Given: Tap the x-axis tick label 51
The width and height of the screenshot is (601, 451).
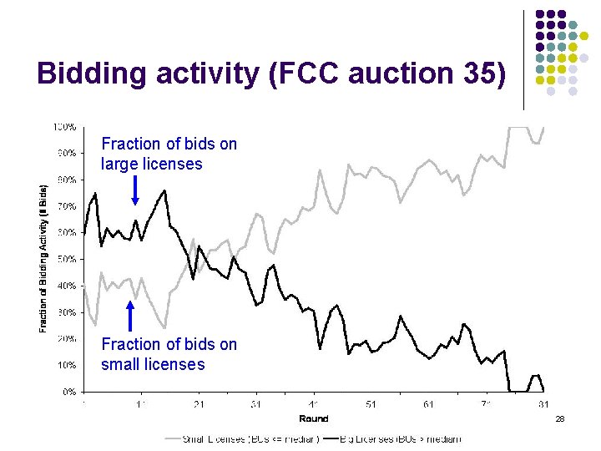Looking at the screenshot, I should [x=371, y=404].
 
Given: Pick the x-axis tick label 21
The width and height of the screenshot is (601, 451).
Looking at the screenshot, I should [x=199, y=404].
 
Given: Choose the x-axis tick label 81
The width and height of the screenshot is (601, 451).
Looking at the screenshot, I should [x=543, y=404].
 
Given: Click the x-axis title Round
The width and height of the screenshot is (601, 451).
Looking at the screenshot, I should [x=314, y=418].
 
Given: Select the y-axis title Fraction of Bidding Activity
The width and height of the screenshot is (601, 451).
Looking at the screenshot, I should [x=43, y=259].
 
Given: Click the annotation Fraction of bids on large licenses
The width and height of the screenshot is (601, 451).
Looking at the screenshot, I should [x=169, y=154].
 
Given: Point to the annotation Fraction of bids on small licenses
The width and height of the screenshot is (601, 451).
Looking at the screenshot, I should [x=169, y=354].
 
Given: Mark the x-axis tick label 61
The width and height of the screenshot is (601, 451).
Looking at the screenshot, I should [x=429, y=404].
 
